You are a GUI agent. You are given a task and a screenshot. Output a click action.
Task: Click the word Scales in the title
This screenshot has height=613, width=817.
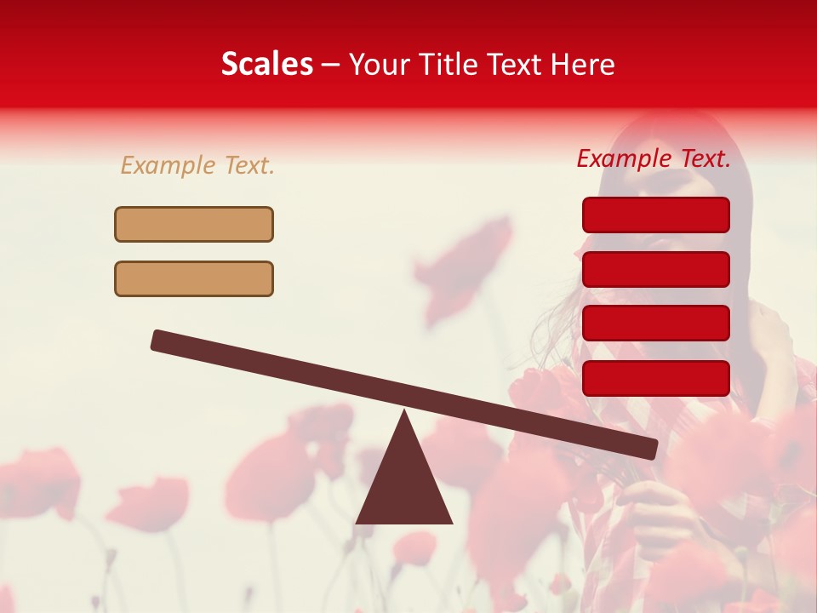click(x=266, y=65)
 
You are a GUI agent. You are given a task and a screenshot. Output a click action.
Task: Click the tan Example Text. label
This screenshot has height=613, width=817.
click(x=197, y=165)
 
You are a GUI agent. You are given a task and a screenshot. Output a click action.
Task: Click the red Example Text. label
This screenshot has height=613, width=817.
click(x=654, y=158)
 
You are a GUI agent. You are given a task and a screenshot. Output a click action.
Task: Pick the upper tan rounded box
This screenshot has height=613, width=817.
click(x=194, y=225)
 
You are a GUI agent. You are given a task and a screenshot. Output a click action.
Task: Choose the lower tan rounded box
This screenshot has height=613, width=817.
click(x=194, y=278)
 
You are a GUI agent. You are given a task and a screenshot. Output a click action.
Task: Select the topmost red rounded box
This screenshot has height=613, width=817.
click(x=655, y=215)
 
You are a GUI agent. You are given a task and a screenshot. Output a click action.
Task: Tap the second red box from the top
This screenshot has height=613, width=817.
click(x=655, y=269)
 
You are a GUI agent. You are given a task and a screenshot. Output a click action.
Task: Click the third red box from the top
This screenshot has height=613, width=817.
click(x=655, y=324)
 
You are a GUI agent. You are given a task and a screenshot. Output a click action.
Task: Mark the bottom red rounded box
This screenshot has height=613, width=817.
click(x=655, y=378)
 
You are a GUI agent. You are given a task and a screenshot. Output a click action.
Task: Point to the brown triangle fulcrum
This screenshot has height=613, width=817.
click(x=404, y=481)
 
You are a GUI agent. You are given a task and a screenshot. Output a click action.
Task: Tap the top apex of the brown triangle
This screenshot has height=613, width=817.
click(x=404, y=414)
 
